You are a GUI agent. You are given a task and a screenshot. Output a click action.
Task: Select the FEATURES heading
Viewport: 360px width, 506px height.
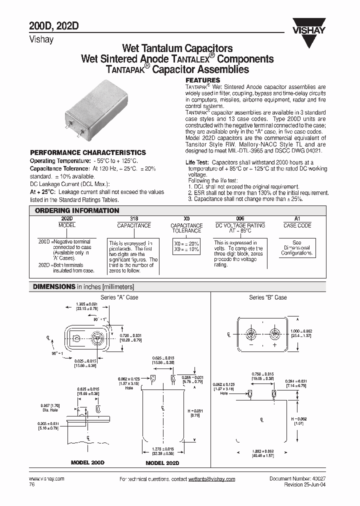pyautogui.click(x=202, y=80)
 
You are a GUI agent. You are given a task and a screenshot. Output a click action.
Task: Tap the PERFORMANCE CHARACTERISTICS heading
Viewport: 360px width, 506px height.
pyautogui.click(x=88, y=152)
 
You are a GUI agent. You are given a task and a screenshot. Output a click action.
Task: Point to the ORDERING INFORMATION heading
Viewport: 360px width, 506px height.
pyautogui.click(x=77, y=210)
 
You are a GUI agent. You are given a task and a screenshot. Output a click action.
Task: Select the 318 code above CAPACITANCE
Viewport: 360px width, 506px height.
pyautogui.click(x=134, y=219)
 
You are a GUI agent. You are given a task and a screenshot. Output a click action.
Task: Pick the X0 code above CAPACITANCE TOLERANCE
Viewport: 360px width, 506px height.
pyautogui.click(x=186, y=219)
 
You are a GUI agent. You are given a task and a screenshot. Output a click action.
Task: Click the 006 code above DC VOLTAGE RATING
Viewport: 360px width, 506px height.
pyautogui.click(x=240, y=219)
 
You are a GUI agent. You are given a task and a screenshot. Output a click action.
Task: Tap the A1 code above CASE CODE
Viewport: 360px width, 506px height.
pyautogui.click(x=297, y=219)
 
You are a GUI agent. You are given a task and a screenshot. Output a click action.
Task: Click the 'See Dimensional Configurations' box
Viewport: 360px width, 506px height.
pyautogui.click(x=296, y=247)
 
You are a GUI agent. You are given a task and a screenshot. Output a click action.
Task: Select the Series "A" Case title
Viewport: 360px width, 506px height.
pyautogui.click(x=119, y=297)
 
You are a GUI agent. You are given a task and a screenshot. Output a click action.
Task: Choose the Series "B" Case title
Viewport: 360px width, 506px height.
pyautogui.click(x=268, y=297)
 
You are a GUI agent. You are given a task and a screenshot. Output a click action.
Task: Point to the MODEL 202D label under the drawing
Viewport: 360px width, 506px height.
pyautogui.click(x=162, y=463)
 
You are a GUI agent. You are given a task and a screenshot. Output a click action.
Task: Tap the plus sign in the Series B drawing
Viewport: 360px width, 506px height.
pyautogui.click(x=274, y=345)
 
